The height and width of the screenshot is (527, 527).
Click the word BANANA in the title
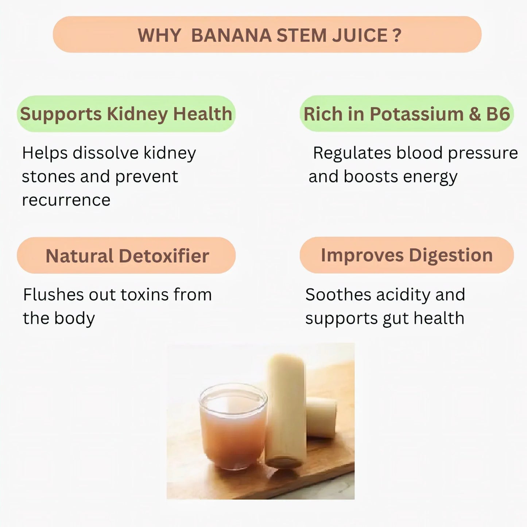231,35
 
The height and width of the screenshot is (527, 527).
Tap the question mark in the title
397,35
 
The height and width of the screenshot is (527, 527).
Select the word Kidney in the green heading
137,114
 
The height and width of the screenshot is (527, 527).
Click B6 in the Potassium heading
498,114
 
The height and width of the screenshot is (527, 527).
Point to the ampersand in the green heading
474,114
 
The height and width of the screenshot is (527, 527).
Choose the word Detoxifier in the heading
164,256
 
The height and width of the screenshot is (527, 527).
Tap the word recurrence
66,200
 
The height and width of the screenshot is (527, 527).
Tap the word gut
395,319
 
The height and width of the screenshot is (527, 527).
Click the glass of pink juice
232,427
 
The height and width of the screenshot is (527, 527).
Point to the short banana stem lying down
321,418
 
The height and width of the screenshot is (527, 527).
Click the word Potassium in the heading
416,114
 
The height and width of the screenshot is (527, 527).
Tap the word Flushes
53,295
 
